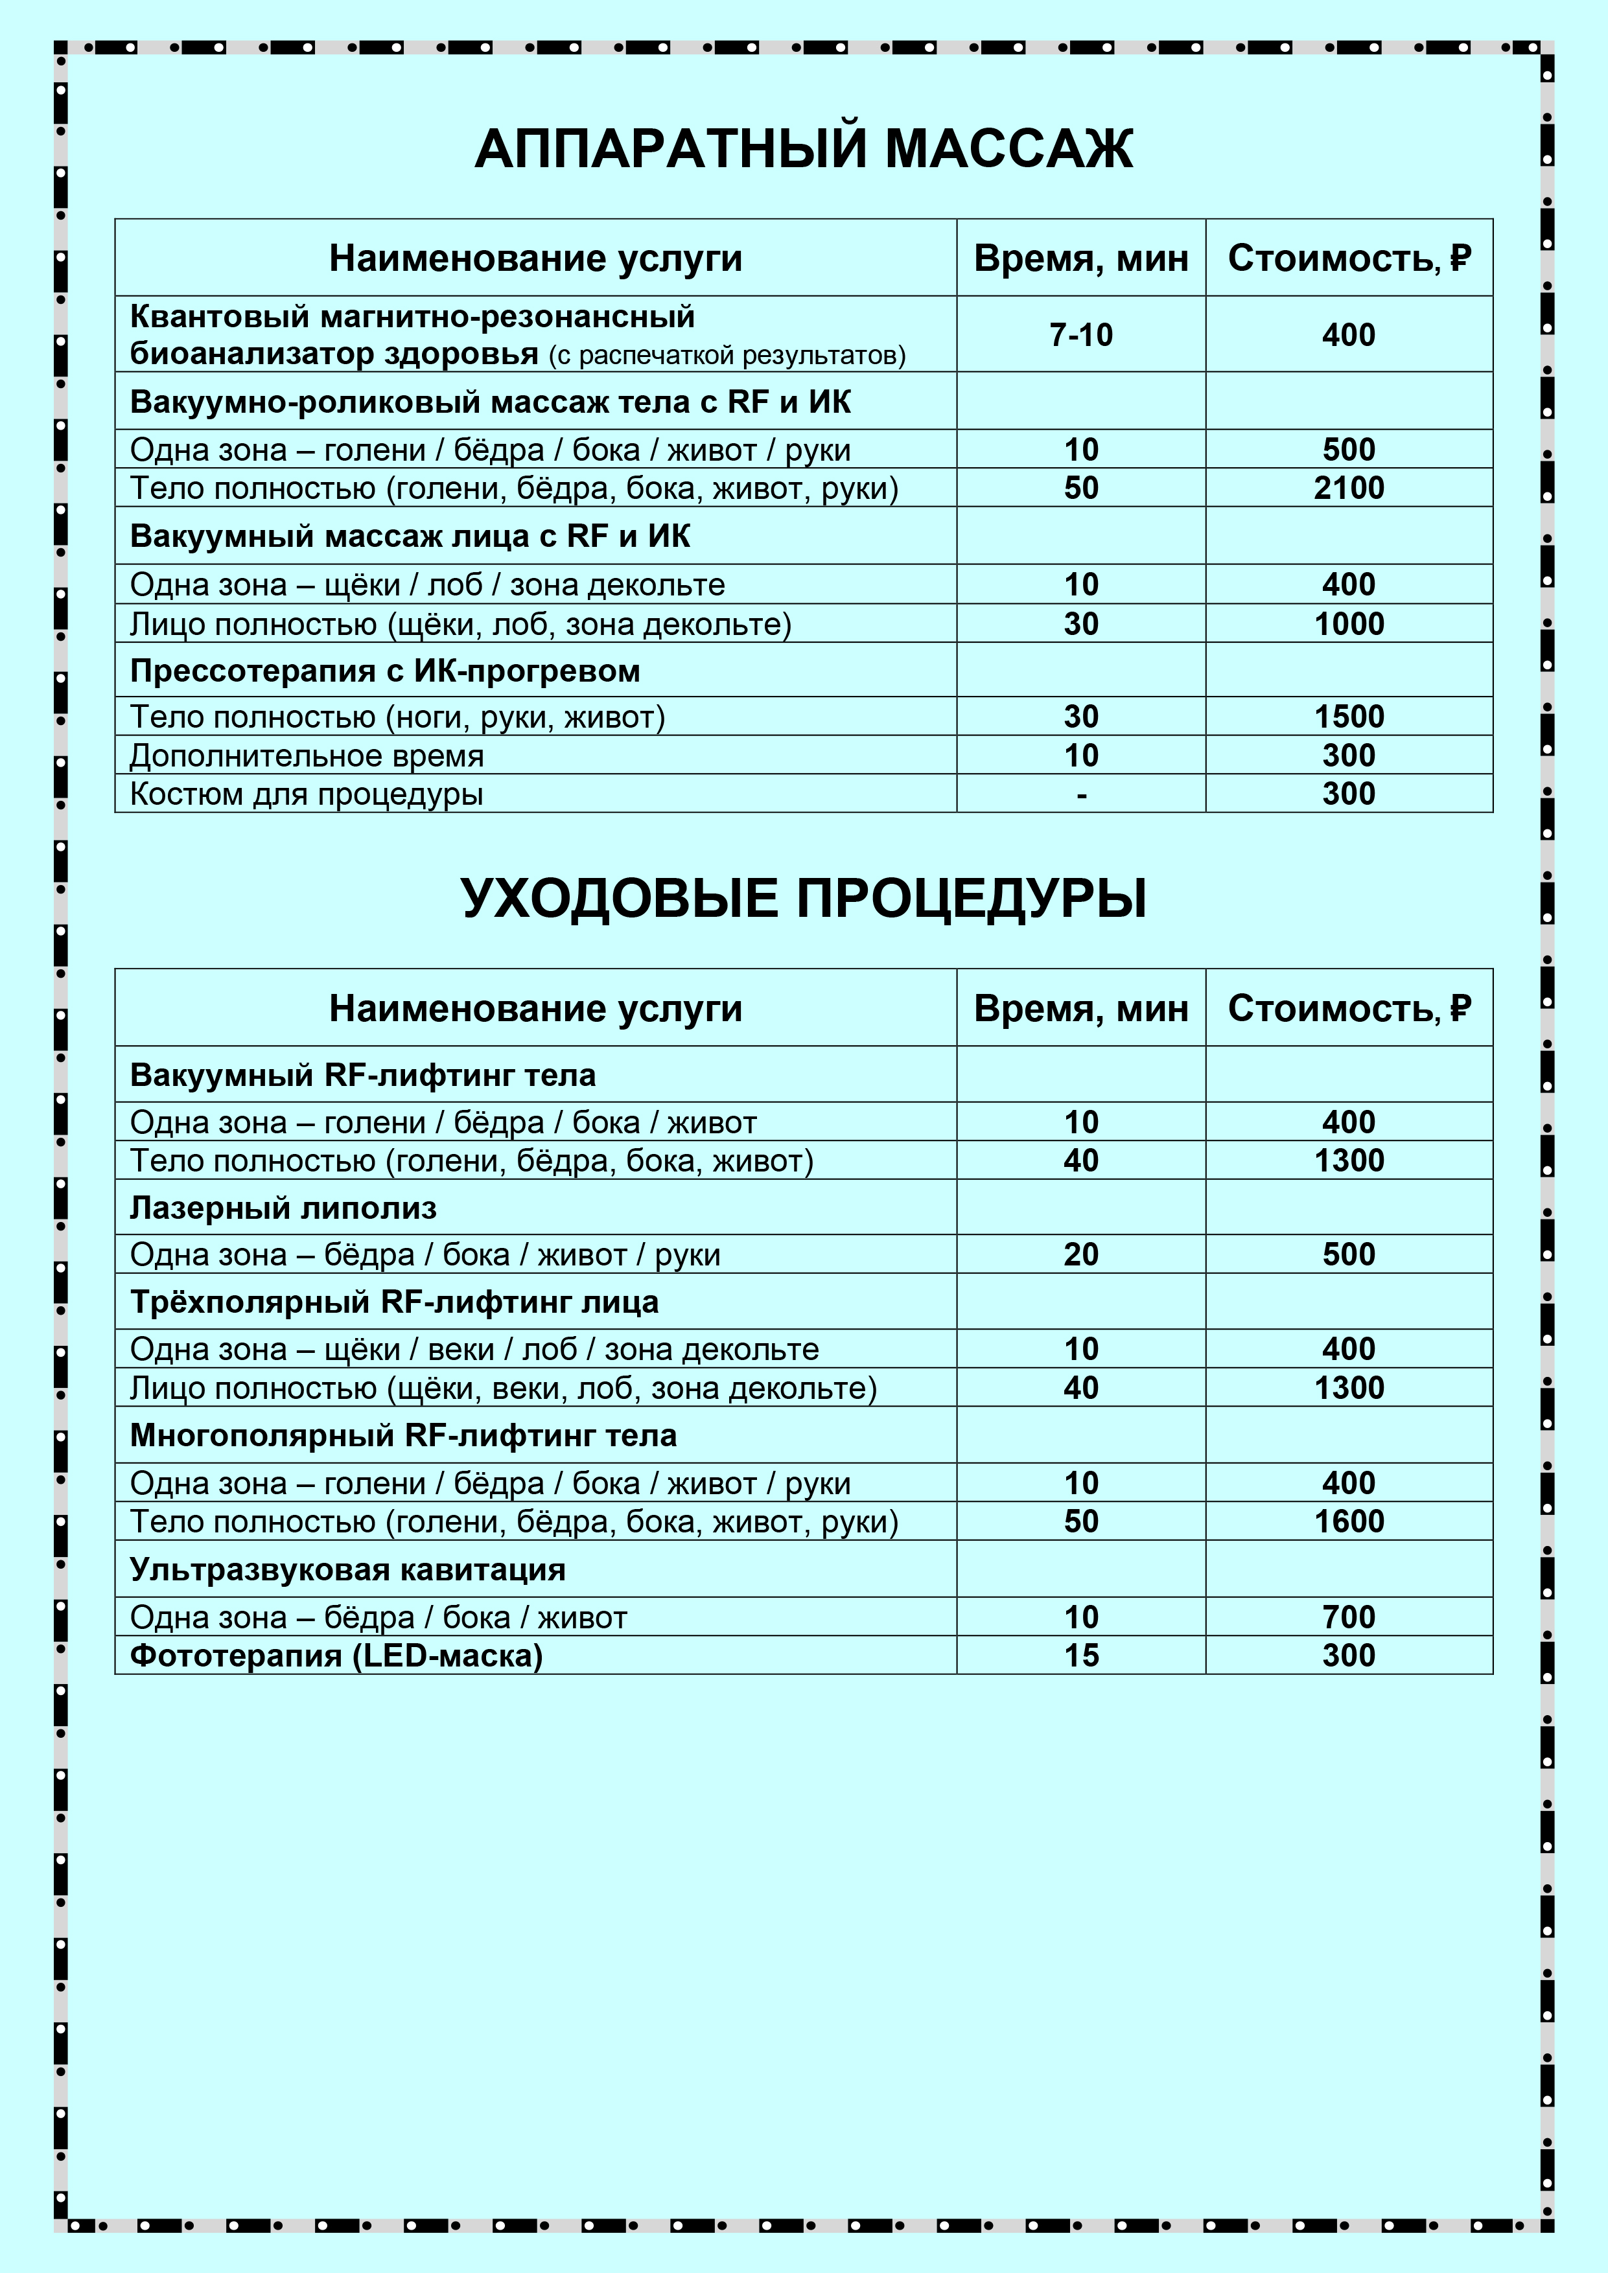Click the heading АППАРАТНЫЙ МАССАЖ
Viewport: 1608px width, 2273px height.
(803, 150)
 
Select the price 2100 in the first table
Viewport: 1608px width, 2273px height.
(1349, 488)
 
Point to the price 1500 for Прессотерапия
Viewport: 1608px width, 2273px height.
(1349, 717)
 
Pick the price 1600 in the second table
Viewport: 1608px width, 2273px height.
(1349, 1521)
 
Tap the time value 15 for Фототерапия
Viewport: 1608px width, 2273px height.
(1080, 1656)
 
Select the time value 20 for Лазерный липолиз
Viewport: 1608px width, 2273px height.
(1080, 1254)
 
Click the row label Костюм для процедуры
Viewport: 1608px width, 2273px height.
(307, 794)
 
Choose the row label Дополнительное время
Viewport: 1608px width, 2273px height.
(307, 756)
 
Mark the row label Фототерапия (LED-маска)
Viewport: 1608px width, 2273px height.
(336, 1656)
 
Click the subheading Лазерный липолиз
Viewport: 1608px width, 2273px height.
(283, 1208)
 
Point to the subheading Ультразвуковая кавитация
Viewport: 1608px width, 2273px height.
(347, 1570)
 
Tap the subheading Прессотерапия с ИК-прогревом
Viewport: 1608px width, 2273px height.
(385, 671)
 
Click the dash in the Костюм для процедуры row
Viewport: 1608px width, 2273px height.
(1081, 794)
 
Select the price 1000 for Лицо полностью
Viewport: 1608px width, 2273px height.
(1349, 625)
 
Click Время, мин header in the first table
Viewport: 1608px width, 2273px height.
(1080, 259)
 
